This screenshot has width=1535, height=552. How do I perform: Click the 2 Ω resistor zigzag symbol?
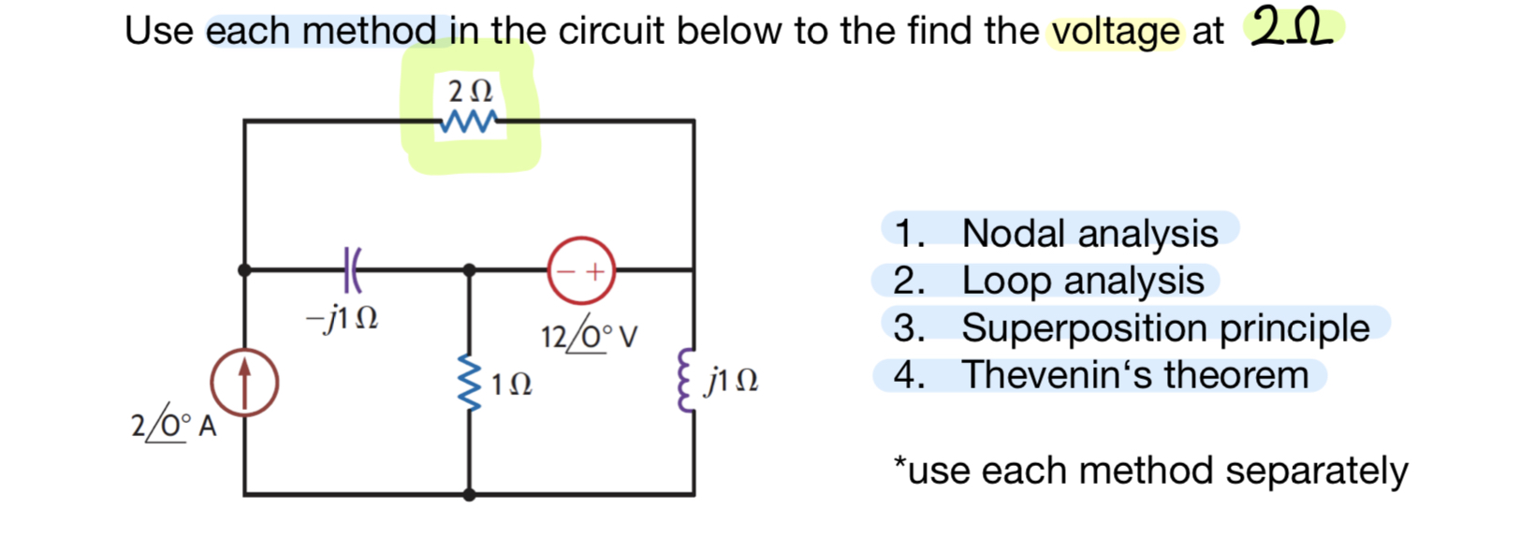470,122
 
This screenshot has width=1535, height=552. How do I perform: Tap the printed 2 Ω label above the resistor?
470,92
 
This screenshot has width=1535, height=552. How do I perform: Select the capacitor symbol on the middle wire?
351,269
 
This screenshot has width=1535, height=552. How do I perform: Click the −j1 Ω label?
343,319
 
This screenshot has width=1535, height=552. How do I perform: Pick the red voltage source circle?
581,270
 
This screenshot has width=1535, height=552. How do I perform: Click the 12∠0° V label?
589,335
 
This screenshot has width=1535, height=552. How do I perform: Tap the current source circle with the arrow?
244,383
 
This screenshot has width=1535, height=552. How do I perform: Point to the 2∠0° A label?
174,426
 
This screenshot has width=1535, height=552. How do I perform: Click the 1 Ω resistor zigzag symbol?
470,383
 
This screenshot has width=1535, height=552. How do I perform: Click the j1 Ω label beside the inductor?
733,381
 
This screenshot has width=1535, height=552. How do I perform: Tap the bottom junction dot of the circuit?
470,494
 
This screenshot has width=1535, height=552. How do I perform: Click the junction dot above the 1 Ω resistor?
470,269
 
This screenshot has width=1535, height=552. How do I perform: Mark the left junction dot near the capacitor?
244,269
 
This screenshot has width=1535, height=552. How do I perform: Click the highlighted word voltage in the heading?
1116,32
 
